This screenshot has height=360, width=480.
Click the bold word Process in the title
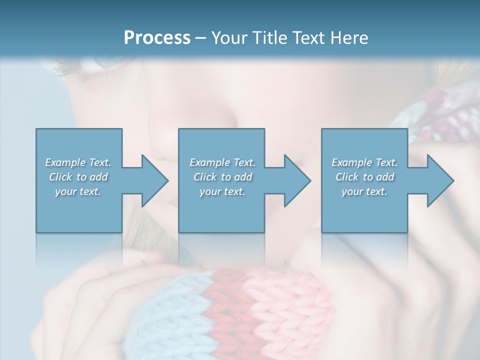tap(157, 37)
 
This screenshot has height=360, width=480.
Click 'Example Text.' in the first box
tap(78, 162)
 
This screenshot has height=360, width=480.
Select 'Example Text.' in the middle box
tap(222, 162)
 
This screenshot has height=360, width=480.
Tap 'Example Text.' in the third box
tap(364, 162)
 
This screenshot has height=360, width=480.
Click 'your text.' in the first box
tap(78, 191)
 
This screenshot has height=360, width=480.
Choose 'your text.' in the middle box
tap(222, 191)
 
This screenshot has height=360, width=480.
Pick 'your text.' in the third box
tap(364, 191)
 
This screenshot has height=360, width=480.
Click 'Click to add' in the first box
tap(78, 177)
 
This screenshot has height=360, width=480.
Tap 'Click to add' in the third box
tap(364, 177)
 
